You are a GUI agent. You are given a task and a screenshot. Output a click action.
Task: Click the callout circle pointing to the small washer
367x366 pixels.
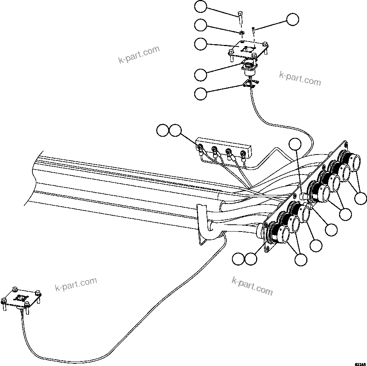click(201, 25)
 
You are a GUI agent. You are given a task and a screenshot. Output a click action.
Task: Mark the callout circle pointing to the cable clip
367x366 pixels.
click(201, 93)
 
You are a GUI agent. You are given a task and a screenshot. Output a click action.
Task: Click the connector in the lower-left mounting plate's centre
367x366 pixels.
click(22, 298)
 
